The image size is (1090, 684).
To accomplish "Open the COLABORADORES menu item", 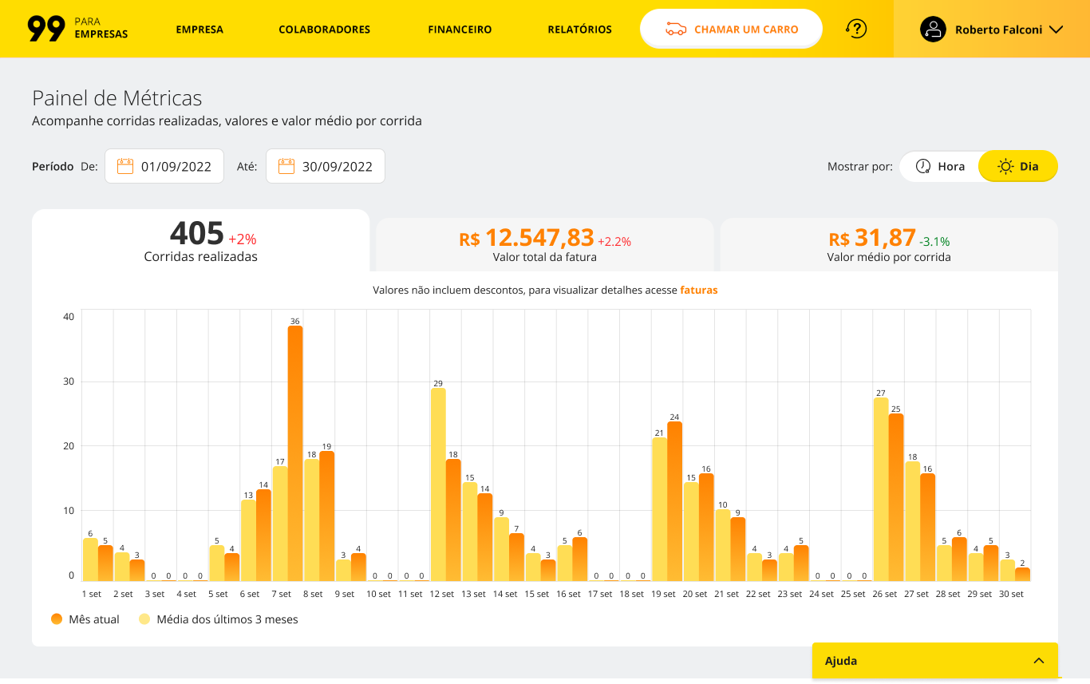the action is click(324, 30).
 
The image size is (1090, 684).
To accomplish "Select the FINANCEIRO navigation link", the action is click(460, 30).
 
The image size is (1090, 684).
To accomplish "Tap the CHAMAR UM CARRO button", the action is click(731, 29).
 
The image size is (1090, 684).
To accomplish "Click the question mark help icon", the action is click(856, 29).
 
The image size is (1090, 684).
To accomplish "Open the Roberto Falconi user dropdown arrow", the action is click(1056, 30).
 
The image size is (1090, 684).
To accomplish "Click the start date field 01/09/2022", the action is click(164, 166).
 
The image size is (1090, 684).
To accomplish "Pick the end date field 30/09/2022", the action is click(325, 166).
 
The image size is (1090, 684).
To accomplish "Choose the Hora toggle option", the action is click(940, 166).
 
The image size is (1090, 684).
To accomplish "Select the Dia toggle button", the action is click(1018, 166).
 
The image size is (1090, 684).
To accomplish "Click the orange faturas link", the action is click(699, 291).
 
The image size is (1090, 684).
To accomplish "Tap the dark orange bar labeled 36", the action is click(295, 453).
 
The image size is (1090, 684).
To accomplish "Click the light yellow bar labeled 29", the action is click(438, 484).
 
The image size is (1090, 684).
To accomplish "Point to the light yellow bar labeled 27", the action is click(881, 489).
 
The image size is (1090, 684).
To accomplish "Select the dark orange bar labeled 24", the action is click(674, 501).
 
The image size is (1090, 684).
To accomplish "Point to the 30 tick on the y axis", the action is click(69, 382).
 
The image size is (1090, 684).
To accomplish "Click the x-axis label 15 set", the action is click(537, 594).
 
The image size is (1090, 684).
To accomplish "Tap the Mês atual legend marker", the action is click(57, 619).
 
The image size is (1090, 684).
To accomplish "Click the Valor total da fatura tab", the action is click(544, 245).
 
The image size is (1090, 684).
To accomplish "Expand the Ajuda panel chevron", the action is click(1039, 661).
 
